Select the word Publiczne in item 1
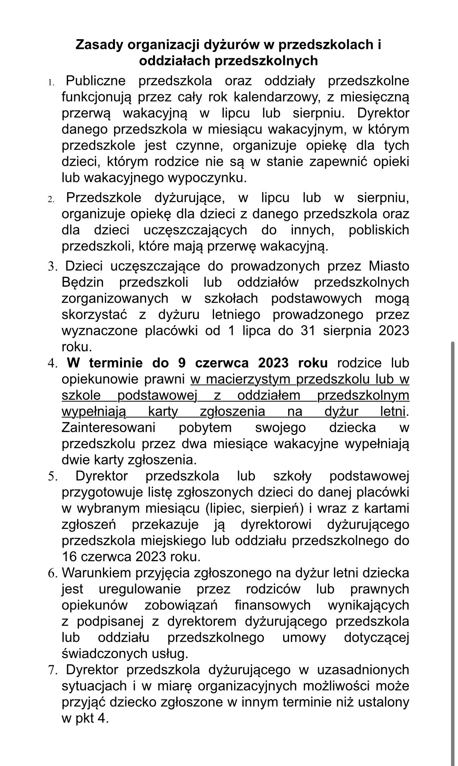[x=96, y=81]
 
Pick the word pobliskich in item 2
[x=379, y=230]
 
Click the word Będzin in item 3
[x=82, y=282]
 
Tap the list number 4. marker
[x=52, y=364]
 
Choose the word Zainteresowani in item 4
[x=108, y=428]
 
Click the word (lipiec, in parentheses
[x=225, y=508]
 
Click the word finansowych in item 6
[x=272, y=605]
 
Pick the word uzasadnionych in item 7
[x=363, y=670]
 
